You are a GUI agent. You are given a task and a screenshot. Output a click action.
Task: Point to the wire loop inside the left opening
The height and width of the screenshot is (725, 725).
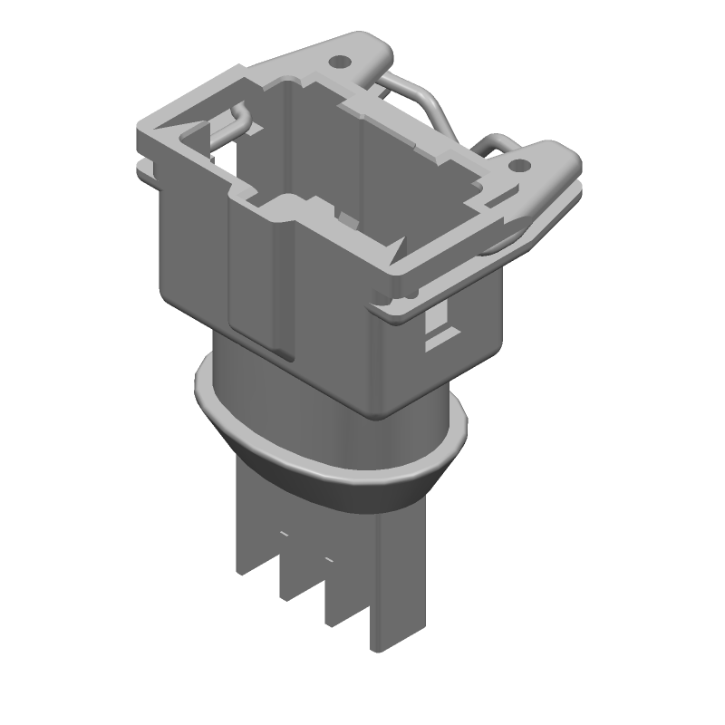click(x=232, y=122)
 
